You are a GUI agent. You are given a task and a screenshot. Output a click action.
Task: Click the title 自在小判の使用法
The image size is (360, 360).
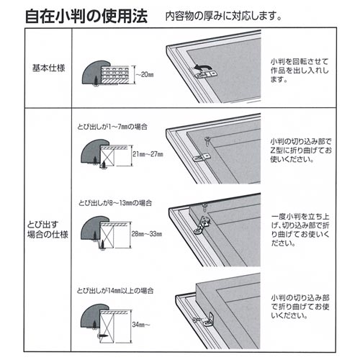tap(86, 16)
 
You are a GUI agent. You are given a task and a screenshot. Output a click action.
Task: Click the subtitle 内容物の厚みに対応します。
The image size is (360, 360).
tap(223, 17)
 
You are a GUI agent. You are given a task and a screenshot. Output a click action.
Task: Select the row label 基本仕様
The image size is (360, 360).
tap(49, 68)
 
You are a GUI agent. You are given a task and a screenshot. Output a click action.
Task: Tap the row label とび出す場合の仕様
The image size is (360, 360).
tap(48, 230)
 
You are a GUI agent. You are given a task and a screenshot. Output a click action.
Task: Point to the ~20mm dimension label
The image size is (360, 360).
tap(145, 75)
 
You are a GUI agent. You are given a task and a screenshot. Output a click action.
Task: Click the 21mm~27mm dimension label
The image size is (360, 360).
tap(148, 154)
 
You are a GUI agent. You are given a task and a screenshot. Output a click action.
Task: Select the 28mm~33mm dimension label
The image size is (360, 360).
tap(147, 234)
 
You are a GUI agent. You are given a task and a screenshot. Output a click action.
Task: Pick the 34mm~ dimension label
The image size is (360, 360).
tap(141, 325)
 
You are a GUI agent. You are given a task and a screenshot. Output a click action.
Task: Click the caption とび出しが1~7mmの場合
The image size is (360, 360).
tap(112, 127)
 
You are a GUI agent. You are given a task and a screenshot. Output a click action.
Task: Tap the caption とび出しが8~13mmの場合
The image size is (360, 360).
tap(115, 203)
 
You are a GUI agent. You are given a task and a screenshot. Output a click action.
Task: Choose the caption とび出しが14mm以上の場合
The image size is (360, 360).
tap(115, 291)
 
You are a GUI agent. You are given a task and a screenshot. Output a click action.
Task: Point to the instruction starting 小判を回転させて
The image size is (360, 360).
tap(300, 71)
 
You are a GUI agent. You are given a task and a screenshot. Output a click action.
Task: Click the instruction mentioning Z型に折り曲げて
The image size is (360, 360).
tap(301, 150)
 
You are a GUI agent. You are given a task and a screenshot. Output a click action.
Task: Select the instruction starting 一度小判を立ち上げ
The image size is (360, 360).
tap(300, 230)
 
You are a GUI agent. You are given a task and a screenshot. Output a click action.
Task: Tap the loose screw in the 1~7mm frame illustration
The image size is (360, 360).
tap(207, 140)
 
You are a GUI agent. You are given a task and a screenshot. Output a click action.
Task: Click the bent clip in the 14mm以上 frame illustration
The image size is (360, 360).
tap(209, 320)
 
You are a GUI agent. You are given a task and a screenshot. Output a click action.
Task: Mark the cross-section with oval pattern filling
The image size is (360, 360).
tap(114, 74)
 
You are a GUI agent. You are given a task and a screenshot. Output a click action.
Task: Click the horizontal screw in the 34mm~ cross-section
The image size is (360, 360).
tap(104, 336)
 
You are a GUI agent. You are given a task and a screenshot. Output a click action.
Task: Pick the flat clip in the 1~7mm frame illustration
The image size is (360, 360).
tap(202, 158)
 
